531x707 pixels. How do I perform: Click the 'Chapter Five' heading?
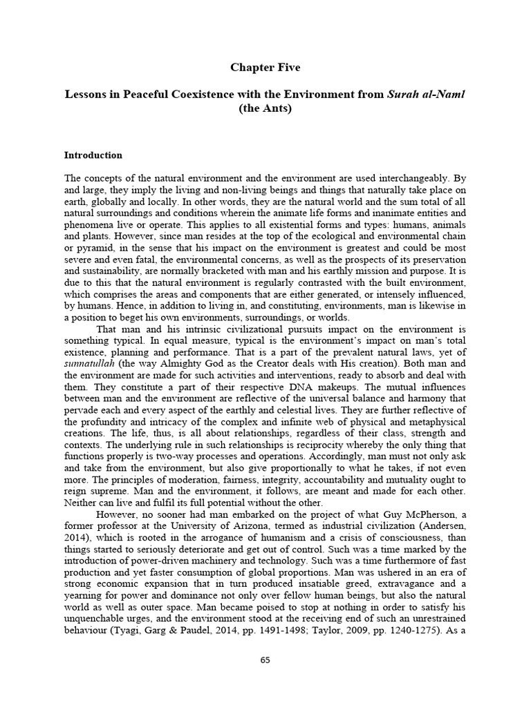pyautogui.click(x=265, y=68)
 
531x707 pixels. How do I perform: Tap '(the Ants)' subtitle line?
pyautogui.click(x=265, y=108)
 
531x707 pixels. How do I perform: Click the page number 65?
pyautogui.click(x=265, y=660)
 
